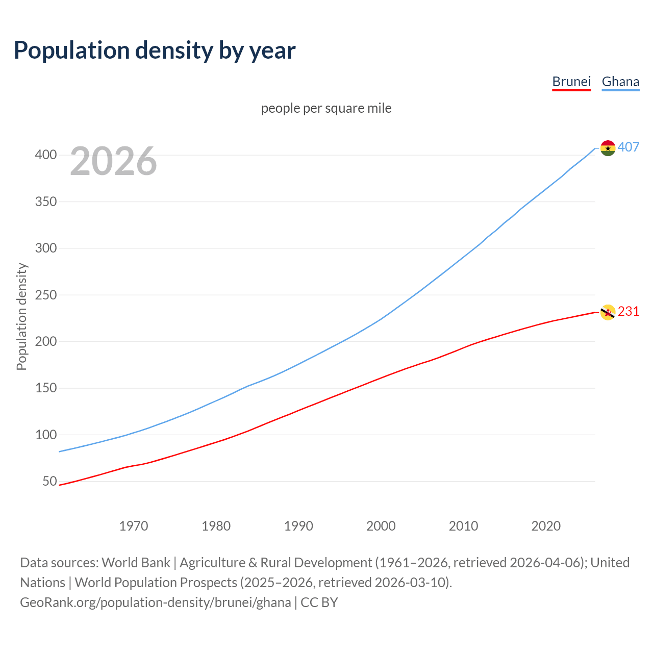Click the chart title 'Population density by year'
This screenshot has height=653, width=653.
155,51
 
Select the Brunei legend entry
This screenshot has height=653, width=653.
571,82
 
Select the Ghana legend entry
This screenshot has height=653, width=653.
620,82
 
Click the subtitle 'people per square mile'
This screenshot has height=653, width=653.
326,109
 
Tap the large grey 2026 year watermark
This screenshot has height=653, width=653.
113,161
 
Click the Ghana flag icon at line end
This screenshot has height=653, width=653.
608,148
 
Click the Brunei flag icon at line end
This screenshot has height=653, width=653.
608,312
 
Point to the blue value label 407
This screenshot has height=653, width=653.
629,147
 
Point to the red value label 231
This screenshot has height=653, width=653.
629,312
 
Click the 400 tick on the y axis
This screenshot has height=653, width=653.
46,155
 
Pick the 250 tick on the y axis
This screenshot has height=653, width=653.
46,295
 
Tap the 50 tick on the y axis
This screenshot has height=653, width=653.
49,482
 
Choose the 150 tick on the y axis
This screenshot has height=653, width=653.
46,388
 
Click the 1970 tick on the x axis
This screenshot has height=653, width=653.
134,526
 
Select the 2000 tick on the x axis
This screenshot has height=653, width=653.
381,526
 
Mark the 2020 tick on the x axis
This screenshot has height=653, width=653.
546,526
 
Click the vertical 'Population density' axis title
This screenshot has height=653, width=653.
21,316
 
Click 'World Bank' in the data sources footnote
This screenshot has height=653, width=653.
136,563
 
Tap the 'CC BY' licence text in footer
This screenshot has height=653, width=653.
319,602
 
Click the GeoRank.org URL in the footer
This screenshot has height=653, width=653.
155,602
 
